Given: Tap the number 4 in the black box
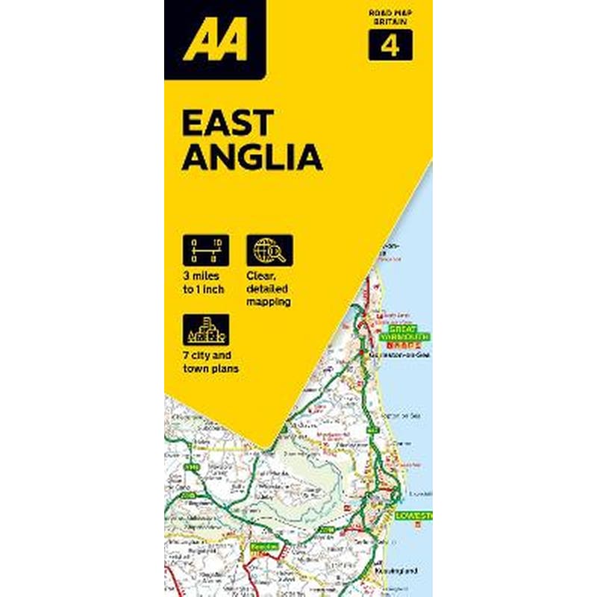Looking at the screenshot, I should coord(388,47).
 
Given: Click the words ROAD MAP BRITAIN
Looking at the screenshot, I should coord(389,19).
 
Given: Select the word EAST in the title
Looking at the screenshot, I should coord(228,122).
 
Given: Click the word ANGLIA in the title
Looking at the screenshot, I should coord(251,158).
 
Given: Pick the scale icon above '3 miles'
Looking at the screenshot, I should coord(205,250).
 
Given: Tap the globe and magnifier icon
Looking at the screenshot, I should coord(269,250).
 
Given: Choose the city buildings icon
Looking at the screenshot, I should coord(205,329).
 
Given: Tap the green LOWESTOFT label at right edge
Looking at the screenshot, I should coord(414,516).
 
